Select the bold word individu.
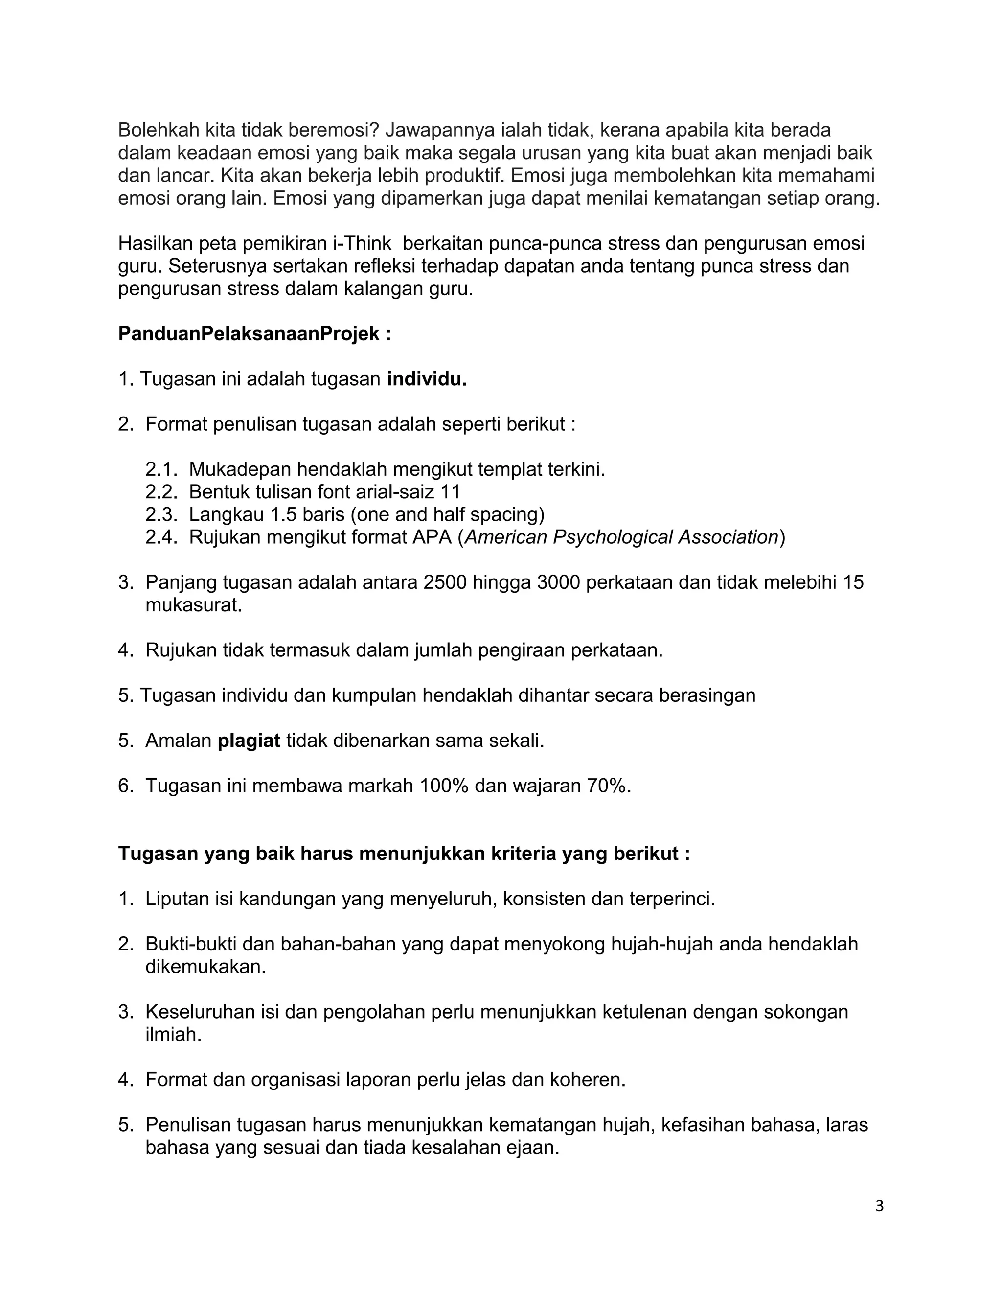click(x=427, y=379)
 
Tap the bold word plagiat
click(x=249, y=741)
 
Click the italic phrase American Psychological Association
click(x=621, y=537)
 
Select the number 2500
click(x=445, y=582)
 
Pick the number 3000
click(x=558, y=582)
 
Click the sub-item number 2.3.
click(x=161, y=514)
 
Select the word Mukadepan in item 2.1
click(x=240, y=469)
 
